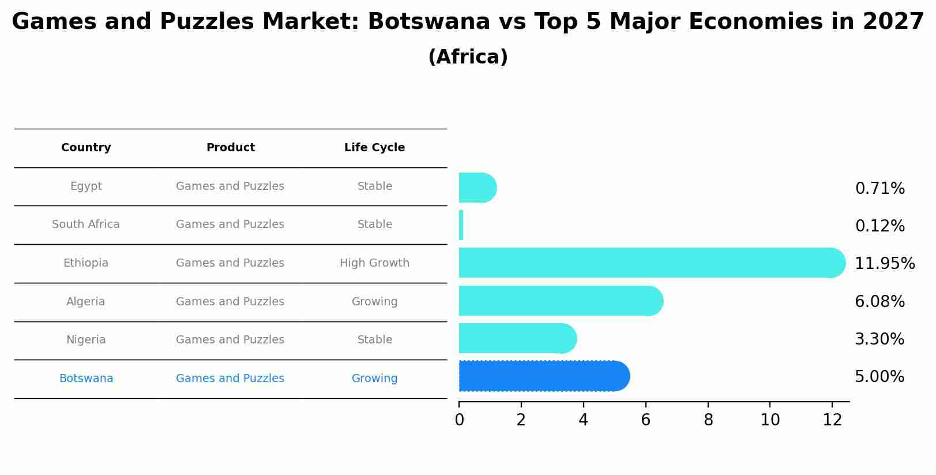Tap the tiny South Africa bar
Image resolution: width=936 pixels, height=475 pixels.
461,225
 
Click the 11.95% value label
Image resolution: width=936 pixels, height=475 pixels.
884,264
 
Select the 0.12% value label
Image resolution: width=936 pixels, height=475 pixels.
879,226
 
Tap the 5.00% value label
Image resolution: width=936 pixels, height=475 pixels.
879,377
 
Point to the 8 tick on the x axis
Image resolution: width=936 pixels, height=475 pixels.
708,420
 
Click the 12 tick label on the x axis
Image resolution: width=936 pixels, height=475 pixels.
832,420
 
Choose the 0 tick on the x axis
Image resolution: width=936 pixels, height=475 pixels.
459,420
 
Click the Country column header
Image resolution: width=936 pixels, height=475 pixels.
86,148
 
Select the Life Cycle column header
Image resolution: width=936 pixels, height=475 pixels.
374,148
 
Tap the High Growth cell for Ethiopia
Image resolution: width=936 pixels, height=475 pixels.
374,263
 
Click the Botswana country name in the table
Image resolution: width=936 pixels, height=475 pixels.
86,379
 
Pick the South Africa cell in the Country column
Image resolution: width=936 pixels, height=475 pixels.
86,225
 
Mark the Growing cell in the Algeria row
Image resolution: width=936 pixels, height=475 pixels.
374,302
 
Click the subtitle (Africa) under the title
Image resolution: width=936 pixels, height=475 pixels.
468,57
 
